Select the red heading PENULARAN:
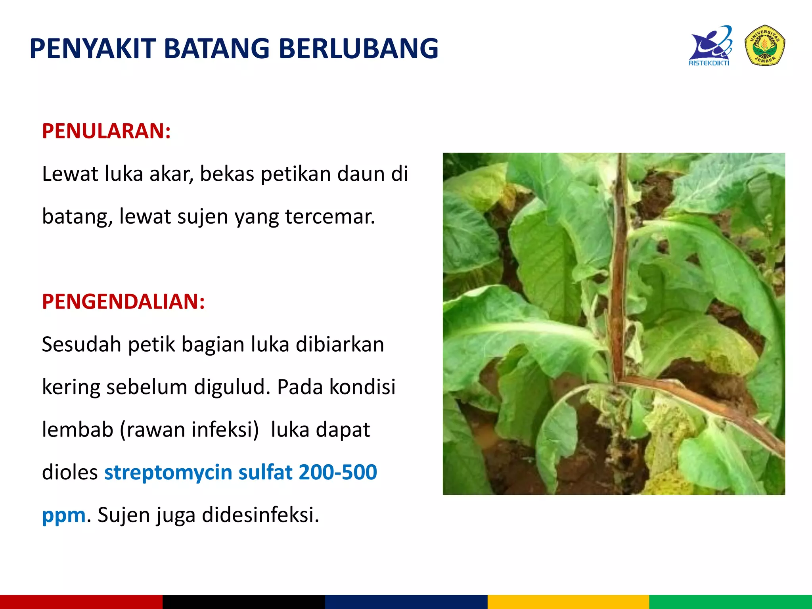pos(106,131)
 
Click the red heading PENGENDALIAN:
pos(123,301)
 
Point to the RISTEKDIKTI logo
pos(710,46)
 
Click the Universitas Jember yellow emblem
pos(765,45)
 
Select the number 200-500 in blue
pos(337,472)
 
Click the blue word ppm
pos(63,515)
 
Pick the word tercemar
pos(330,216)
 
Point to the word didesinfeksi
pos(260,515)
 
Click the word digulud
pos(232,387)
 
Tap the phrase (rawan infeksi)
pos(190,430)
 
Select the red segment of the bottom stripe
pos(81,602)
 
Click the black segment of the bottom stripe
pos(243,602)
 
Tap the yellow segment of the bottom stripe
pos(568,602)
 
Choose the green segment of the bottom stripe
pos(730,602)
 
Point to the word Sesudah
pos(81,344)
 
